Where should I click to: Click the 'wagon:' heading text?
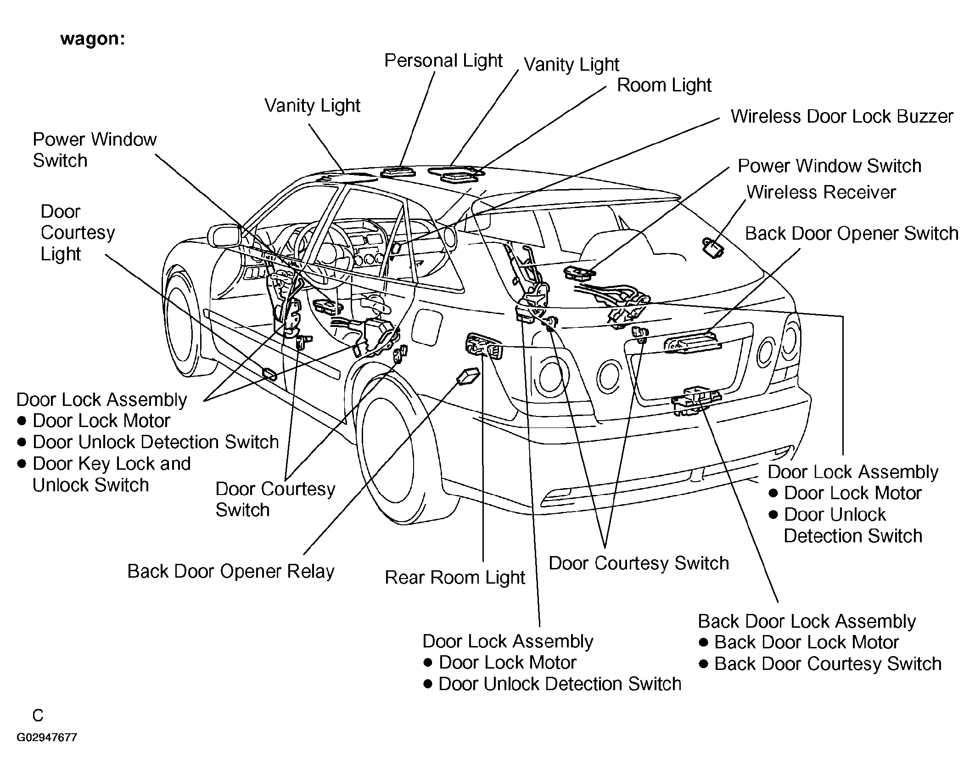[92, 39]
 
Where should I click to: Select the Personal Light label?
[443, 61]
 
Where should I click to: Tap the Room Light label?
[664, 85]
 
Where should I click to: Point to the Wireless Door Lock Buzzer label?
[842, 116]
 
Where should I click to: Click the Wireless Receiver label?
[821, 192]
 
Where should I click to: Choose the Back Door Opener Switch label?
[852, 233]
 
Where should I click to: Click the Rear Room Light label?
[454, 578]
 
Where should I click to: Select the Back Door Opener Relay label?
[231, 572]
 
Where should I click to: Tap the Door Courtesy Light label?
[78, 233]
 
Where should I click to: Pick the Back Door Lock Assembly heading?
[807, 621]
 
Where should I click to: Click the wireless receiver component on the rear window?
[712, 247]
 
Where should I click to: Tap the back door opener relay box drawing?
[468, 376]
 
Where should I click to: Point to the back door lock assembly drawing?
[696, 400]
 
